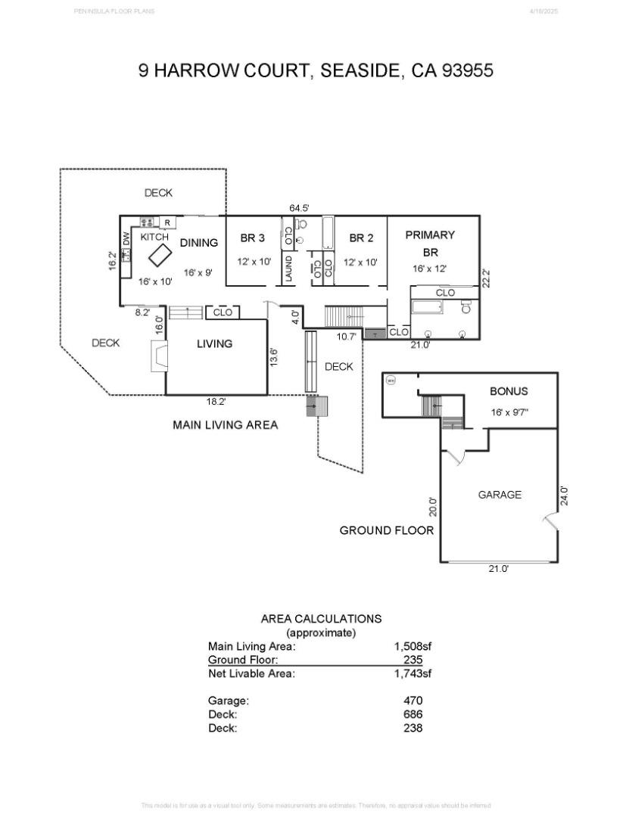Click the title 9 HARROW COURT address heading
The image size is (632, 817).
click(x=316, y=71)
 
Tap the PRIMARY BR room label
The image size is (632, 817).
click(x=430, y=243)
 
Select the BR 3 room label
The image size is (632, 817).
click(x=252, y=238)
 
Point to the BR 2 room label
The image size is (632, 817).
click(x=361, y=238)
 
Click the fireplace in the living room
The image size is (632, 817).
click(x=159, y=356)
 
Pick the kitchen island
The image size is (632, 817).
click(x=160, y=256)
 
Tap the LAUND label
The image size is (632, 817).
click(x=288, y=269)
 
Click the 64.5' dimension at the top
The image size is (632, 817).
click(x=299, y=207)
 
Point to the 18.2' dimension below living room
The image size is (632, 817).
click(x=216, y=402)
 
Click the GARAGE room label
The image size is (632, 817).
click(x=500, y=495)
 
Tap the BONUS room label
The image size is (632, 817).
click(x=509, y=392)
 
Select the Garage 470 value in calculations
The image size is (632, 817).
click(x=413, y=701)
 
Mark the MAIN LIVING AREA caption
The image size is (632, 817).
click(x=225, y=425)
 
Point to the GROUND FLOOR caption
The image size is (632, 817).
click(x=386, y=530)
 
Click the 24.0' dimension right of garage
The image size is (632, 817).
click(x=564, y=495)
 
